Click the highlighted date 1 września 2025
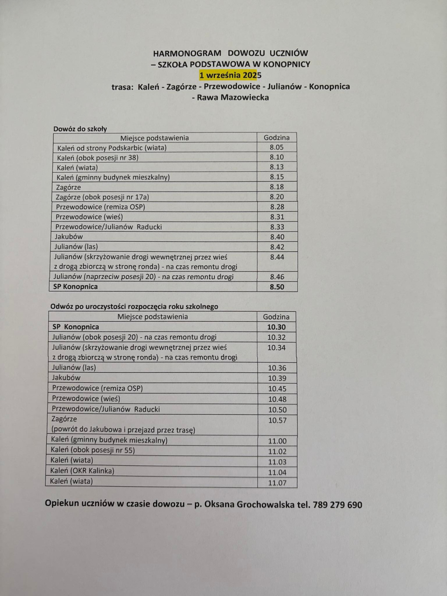pos(230,75)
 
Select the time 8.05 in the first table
pos(277,147)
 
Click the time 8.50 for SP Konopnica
pos(277,287)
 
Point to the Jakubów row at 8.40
pos(69,237)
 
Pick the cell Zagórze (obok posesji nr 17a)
pos(102,197)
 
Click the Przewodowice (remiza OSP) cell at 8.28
pos(100,207)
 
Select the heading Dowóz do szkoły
pos(80,129)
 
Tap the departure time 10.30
pos(276,327)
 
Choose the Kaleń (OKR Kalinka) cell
pos(82,471)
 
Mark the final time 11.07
pos(277,483)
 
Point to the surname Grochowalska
pos(265,504)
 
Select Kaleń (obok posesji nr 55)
pos(93,450)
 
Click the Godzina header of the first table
pos(277,138)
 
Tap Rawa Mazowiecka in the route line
pos(233,97)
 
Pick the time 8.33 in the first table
pos(277,227)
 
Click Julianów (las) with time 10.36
pos(74,368)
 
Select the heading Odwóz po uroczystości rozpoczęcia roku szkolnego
pos(134,307)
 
